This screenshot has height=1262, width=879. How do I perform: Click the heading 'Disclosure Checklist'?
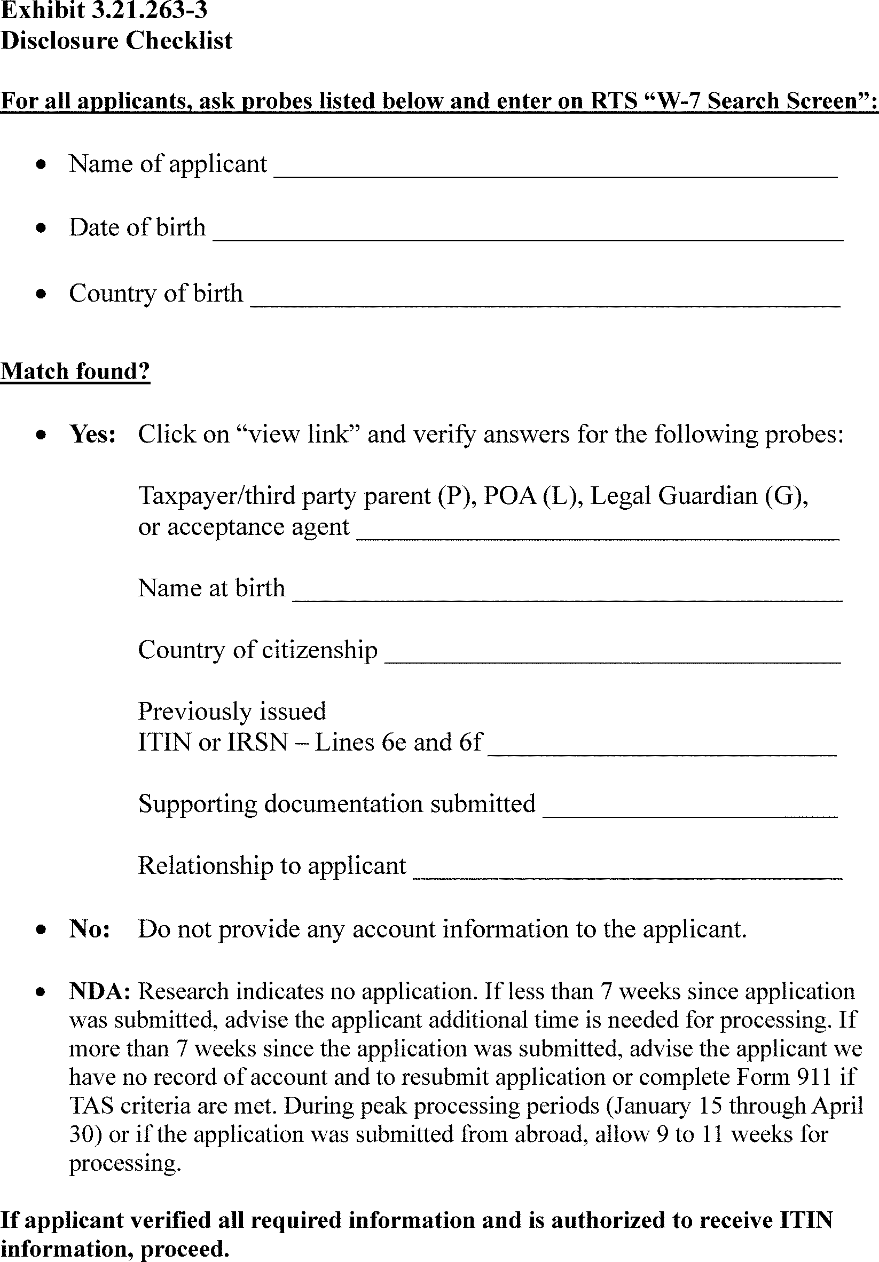click(116, 41)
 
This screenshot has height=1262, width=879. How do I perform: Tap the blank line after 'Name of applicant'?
click(555, 175)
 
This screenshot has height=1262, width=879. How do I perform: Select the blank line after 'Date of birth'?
click(528, 239)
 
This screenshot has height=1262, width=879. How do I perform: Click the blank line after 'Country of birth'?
click(545, 304)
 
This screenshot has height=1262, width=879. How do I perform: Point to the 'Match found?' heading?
click(75, 372)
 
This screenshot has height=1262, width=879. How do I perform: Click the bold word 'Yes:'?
click(92, 434)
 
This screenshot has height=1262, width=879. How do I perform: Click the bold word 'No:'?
click(90, 929)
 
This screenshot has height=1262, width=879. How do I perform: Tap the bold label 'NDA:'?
click(99, 991)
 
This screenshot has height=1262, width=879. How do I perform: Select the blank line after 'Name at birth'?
click(567, 600)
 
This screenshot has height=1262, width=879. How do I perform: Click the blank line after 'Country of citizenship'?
click(613, 661)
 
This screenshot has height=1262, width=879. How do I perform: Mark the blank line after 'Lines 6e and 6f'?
click(662, 754)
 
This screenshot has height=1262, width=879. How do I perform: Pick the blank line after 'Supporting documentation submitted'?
click(689, 816)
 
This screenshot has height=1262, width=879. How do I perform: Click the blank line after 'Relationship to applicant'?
click(627, 877)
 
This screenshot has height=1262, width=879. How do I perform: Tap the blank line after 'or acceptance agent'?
click(598, 538)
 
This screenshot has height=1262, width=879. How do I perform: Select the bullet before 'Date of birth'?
click(41, 228)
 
